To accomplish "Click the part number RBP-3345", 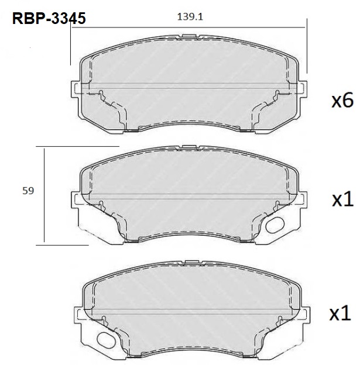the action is [x=49, y=18].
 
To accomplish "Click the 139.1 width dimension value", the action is [x=190, y=17].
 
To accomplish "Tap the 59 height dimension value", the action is [x=28, y=191].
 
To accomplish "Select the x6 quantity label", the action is [x=342, y=101].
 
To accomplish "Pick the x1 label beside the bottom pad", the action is [x=340, y=313].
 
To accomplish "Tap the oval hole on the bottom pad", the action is [x=107, y=340].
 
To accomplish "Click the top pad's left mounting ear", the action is [x=76, y=89].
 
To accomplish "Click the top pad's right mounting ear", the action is [x=302, y=89].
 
